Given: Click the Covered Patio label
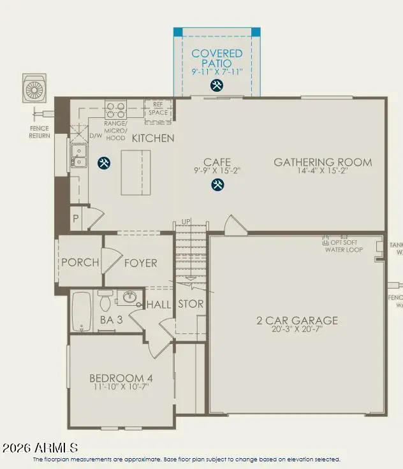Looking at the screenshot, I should coord(217,59).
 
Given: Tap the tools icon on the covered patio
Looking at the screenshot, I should coord(217,85).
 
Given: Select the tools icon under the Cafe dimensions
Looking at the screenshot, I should coord(217,185).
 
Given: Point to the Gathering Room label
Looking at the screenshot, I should coord(323,162).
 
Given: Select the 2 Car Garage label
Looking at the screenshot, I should coord(297,321).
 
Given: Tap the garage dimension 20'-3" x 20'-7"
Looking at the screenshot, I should coord(297,330).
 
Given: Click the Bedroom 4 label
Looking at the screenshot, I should coord(121,379).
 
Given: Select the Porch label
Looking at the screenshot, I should coord(80,263).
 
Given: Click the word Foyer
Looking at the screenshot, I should coord(140,263).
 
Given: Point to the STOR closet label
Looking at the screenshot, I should coord(190,305).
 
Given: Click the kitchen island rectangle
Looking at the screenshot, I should coord(136,172).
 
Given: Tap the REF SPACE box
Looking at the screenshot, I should coord(158,109).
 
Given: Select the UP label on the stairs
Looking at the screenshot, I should coord(187,221).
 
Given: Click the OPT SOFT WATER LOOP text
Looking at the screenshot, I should coord(344,246).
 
